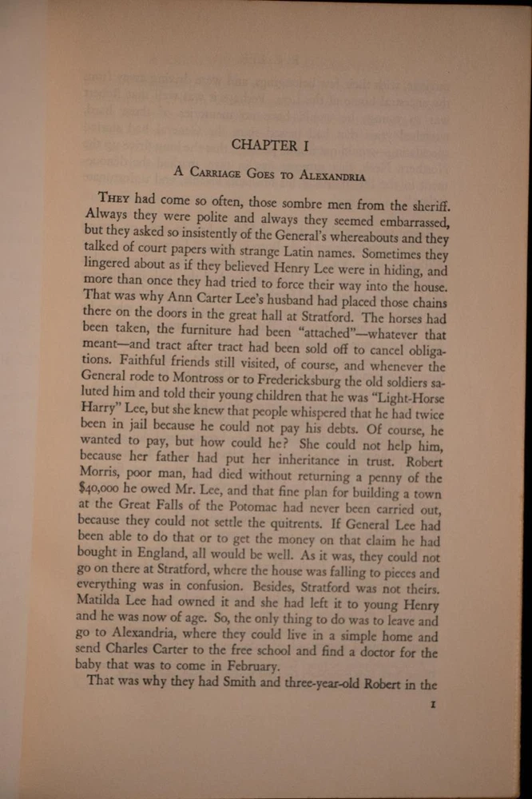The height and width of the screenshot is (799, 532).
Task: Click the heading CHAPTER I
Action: (x=264, y=145)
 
